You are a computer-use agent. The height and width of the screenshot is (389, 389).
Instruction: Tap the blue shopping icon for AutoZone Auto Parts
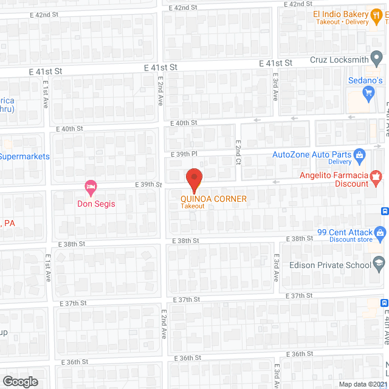pyautogui.click(x=359, y=154)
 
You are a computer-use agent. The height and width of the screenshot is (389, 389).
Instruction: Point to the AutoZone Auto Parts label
pyautogui.click(x=312, y=154)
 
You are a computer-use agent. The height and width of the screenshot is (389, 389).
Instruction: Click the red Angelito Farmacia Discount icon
pyautogui.click(x=376, y=176)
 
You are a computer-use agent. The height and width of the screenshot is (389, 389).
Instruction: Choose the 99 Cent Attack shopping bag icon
pyautogui.click(x=380, y=232)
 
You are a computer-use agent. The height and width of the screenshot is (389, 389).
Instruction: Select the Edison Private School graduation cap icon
pyautogui.click(x=379, y=264)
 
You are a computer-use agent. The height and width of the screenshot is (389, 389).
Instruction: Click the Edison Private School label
pyautogui.click(x=330, y=264)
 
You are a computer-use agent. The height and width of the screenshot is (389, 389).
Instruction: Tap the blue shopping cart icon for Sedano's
pyautogui.click(x=367, y=93)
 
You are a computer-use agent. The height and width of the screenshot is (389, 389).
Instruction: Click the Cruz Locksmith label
pyautogui.click(x=339, y=60)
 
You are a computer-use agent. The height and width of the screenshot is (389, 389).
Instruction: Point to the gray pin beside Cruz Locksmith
pyautogui.click(x=377, y=60)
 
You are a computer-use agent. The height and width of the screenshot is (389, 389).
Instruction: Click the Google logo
pyautogui.click(x=19, y=381)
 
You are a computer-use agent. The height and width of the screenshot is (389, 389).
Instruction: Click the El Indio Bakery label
pyautogui.click(x=341, y=14)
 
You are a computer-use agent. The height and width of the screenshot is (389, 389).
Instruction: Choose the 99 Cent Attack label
pyautogui.click(x=344, y=232)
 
